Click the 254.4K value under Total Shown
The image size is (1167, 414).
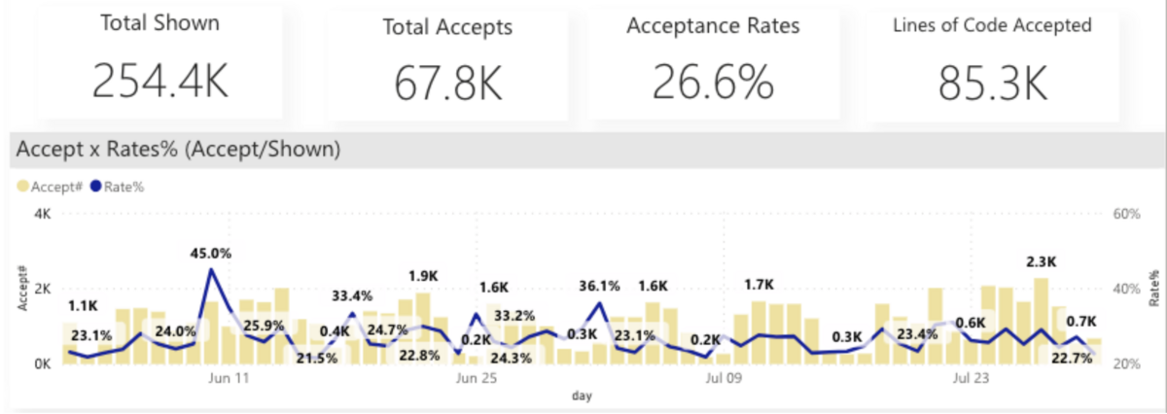160,81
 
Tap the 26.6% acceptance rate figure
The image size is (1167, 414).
713,83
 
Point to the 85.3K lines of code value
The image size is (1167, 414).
993,84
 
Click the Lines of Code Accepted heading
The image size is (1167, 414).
993,26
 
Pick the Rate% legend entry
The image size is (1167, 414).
117,186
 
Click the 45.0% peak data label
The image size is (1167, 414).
210,254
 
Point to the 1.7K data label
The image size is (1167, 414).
759,285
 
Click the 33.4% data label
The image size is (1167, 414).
351,295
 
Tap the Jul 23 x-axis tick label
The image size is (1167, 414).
972,377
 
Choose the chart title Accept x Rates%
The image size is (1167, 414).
177,149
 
